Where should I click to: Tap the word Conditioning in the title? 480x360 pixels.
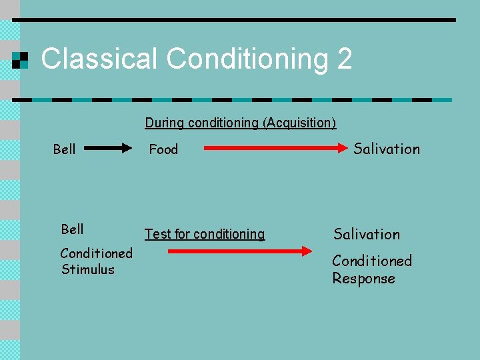[248, 60]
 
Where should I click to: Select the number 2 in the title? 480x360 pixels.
[344, 59]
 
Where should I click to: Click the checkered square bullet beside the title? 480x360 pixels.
[21, 60]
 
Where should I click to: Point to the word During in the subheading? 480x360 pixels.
[165, 123]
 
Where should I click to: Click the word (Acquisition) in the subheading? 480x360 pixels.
[299, 123]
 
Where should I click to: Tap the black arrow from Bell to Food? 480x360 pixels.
[109, 149]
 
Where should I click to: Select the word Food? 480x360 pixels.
[163, 149]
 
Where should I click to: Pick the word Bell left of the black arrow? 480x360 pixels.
[64, 149]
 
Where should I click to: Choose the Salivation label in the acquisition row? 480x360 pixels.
[387, 149]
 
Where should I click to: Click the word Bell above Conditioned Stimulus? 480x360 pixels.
[72, 229]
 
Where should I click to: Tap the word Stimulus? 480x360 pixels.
[88, 269]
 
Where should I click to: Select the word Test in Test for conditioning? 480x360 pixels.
[158, 234]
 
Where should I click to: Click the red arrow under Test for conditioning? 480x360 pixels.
[239, 251]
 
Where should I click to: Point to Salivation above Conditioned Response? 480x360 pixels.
[367, 234]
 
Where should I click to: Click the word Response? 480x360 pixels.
[363, 278]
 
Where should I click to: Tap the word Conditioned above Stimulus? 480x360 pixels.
[96, 253]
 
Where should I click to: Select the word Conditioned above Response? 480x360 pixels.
[372, 261]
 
